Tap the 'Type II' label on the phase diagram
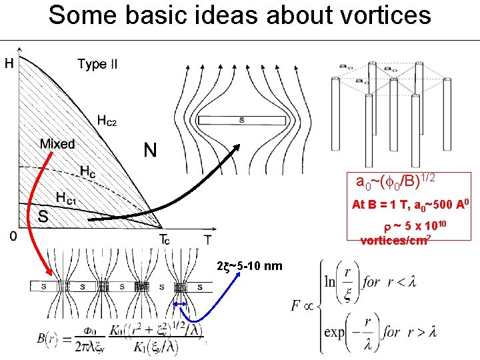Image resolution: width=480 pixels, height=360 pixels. (x=97, y=64)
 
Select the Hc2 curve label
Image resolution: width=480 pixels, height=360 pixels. (x=107, y=120)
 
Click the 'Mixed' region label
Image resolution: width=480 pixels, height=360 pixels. (x=57, y=143)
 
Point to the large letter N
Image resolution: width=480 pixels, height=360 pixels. (x=151, y=151)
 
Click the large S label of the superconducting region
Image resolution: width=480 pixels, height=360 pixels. (x=42, y=216)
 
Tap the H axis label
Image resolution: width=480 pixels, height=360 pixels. (x=10, y=64)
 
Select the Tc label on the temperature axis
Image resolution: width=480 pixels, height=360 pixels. (x=163, y=239)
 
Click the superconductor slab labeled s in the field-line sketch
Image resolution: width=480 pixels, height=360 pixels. (x=241, y=121)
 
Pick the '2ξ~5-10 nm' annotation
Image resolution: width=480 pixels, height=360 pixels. (x=250, y=267)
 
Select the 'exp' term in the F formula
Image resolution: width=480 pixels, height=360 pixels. (x=335, y=331)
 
